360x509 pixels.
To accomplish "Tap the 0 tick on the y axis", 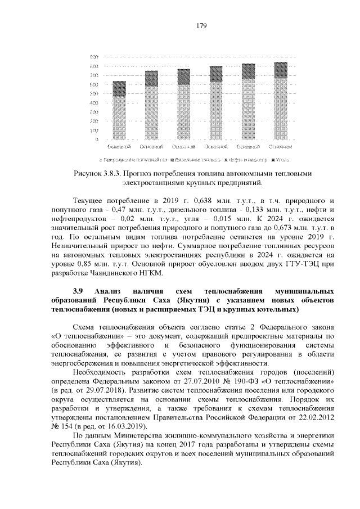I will click(97, 139).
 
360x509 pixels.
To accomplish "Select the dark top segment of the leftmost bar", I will click(119, 88).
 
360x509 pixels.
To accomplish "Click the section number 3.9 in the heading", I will click(78, 291).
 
